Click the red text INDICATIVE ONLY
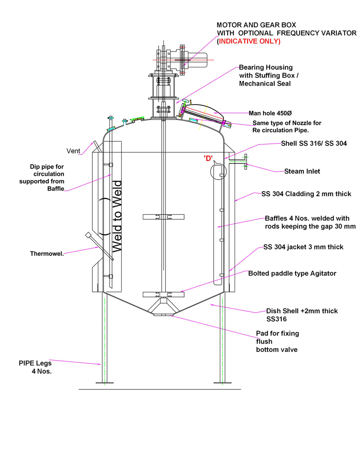coord(249,41)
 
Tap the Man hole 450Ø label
coord(270,113)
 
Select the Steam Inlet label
coord(302,171)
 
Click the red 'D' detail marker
coord(208,158)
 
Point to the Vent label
coord(73,151)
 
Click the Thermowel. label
coord(47,253)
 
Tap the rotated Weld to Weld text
coord(117,216)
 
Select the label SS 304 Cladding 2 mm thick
coord(306,194)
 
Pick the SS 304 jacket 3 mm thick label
coord(303,247)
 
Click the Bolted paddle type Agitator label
coord(292,274)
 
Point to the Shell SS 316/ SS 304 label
coord(314,143)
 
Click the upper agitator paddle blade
coord(163,217)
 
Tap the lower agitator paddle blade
coord(163,294)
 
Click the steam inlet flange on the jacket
coord(246,162)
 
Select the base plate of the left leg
coord(104,383)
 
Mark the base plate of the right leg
coord(222,383)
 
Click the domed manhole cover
coord(203,109)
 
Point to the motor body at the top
coord(197,60)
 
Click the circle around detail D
coord(218,171)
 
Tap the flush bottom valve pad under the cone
coord(163,315)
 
